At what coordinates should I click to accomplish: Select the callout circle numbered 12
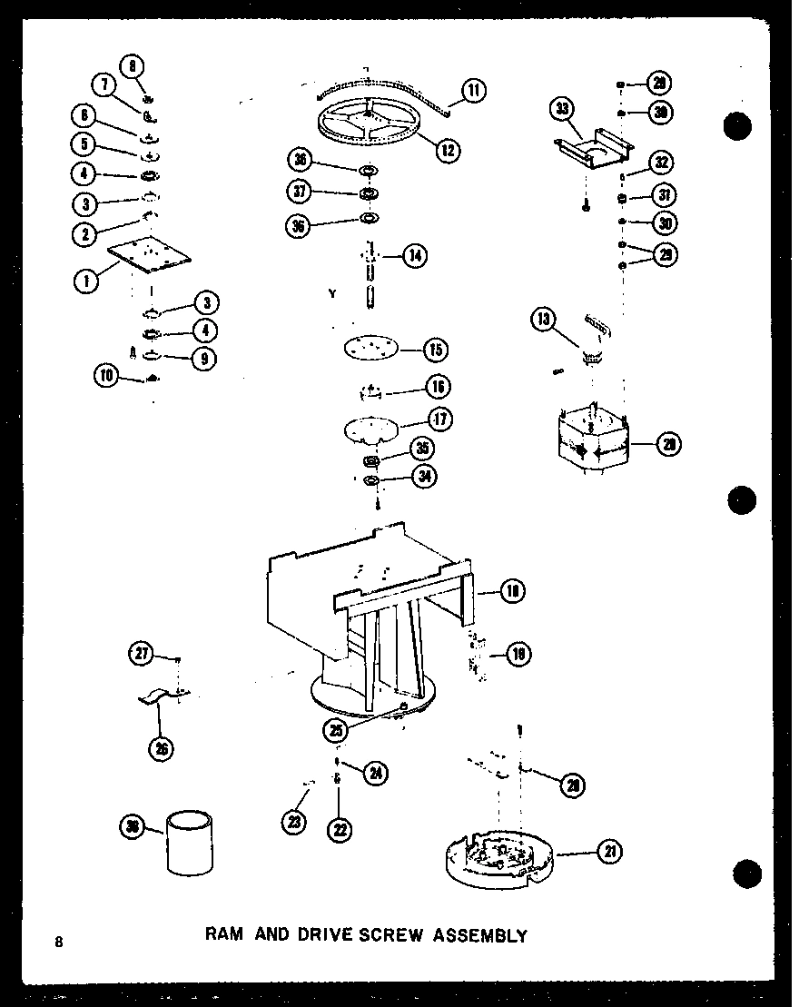[x=447, y=150]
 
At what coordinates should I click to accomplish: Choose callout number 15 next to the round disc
[x=435, y=350]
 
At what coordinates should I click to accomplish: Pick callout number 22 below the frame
[x=340, y=828]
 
